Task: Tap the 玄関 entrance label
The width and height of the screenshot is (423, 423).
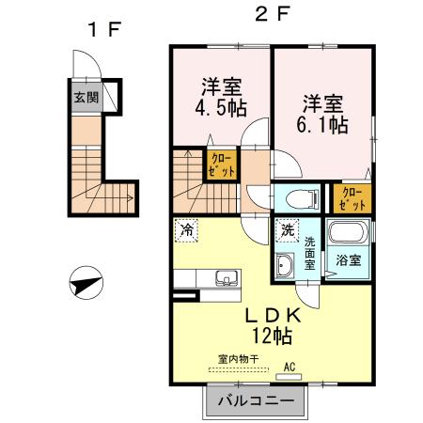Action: (86, 96)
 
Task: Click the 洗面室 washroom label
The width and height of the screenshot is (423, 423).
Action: (309, 252)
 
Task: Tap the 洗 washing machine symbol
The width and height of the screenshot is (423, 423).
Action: (285, 227)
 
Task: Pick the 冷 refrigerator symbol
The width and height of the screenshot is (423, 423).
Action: (187, 227)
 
